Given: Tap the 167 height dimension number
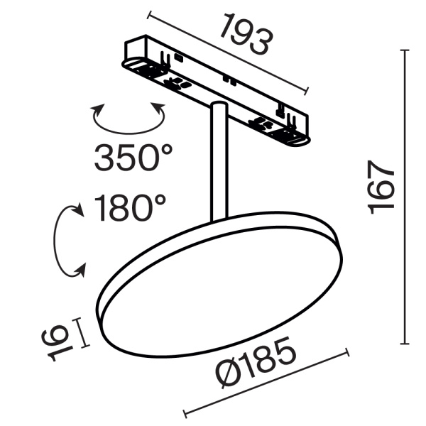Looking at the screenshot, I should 381,187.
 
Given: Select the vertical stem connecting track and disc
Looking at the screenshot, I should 218,163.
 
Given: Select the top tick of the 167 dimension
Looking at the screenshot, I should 406,51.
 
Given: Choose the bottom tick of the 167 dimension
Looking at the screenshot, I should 406,344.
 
